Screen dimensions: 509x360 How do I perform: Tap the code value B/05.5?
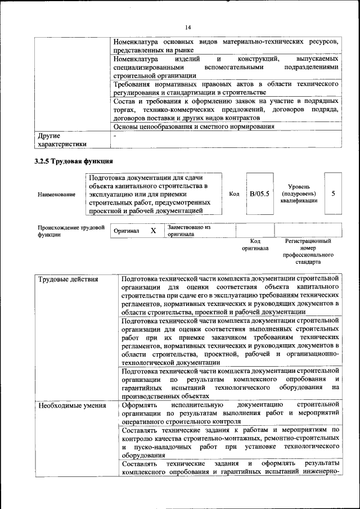click(259, 194)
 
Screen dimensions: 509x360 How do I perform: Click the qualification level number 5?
click(334, 194)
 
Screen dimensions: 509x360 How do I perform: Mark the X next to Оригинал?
click(153, 231)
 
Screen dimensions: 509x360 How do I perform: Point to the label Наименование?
click(56, 195)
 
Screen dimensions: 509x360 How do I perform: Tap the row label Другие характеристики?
click(62, 139)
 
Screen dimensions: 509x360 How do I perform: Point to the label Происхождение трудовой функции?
click(71, 231)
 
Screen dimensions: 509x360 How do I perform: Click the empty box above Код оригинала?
click(255, 230)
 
